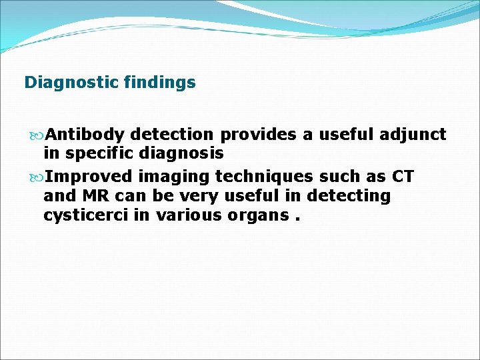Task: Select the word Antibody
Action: (x=86, y=135)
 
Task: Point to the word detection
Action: (x=173, y=135)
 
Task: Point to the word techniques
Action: (x=261, y=177)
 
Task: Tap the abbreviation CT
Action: (x=403, y=177)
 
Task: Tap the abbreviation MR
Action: (x=91, y=196)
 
